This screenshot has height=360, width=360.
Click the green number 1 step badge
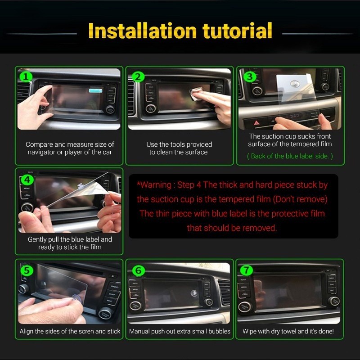[26, 77]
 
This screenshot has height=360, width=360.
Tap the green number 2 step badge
[138, 77]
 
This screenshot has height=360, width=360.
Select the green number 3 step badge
[250, 76]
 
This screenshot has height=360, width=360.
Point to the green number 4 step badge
[27, 180]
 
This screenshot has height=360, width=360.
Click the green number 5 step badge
[27, 270]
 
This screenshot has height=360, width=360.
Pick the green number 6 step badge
[139, 271]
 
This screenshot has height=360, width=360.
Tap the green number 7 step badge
[246, 270]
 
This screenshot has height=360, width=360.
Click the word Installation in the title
[142, 31]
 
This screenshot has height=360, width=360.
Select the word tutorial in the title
[238, 31]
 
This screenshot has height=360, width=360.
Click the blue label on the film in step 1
[95, 90]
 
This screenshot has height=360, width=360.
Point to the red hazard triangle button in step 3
[256, 123]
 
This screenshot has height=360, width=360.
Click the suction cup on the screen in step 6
[194, 293]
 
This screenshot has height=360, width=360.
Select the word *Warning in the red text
[154, 185]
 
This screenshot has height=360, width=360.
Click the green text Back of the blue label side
[290, 156]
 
